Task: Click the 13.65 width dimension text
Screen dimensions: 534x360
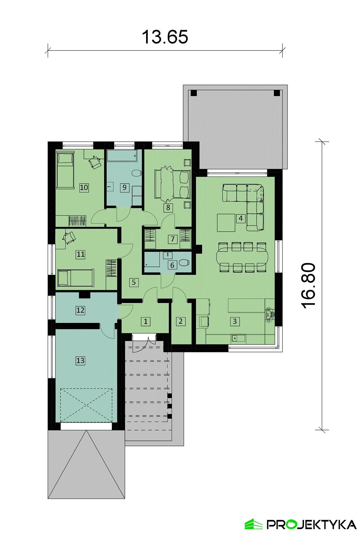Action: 165,37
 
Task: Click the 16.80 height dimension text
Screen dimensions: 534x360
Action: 309,286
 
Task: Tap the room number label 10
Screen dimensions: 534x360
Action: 84,187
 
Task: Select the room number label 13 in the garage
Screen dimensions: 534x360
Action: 80,360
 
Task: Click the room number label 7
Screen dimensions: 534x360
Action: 172,239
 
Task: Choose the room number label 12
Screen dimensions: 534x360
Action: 80,310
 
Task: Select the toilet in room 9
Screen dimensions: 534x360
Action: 136,173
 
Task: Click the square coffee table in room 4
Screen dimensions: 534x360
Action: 226,223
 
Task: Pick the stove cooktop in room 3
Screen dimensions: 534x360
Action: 270,312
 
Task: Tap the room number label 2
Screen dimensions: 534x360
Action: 180,321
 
